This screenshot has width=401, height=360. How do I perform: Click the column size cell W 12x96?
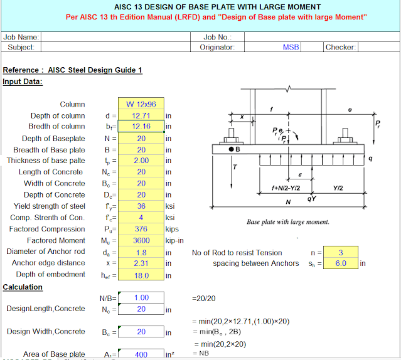coord(141,104)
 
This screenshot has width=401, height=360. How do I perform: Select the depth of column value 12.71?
coord(141,116)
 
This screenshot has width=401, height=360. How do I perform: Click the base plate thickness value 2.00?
coord(141,161)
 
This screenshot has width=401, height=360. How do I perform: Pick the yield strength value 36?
coord(141,206)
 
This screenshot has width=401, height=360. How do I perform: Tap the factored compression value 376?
coord(141,229)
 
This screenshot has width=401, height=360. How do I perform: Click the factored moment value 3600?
coord(141,240)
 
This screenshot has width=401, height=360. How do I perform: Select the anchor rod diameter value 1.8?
coord(141,252)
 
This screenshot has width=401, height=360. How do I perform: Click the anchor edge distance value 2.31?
coord(141,263)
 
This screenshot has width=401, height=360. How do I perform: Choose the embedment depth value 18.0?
coord(141,275)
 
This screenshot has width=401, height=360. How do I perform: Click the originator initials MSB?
coord(291,47)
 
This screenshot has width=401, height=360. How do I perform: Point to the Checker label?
coord(341,47)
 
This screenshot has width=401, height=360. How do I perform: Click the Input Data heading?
coord(23,82)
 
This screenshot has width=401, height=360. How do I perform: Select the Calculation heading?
coord(23,287)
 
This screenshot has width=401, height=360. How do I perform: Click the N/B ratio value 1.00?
coord(141,298)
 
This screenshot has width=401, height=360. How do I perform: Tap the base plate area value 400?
coord(141,354)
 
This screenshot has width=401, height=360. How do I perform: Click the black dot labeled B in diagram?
coord(231,149)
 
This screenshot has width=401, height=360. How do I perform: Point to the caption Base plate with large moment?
coord(288,221)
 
